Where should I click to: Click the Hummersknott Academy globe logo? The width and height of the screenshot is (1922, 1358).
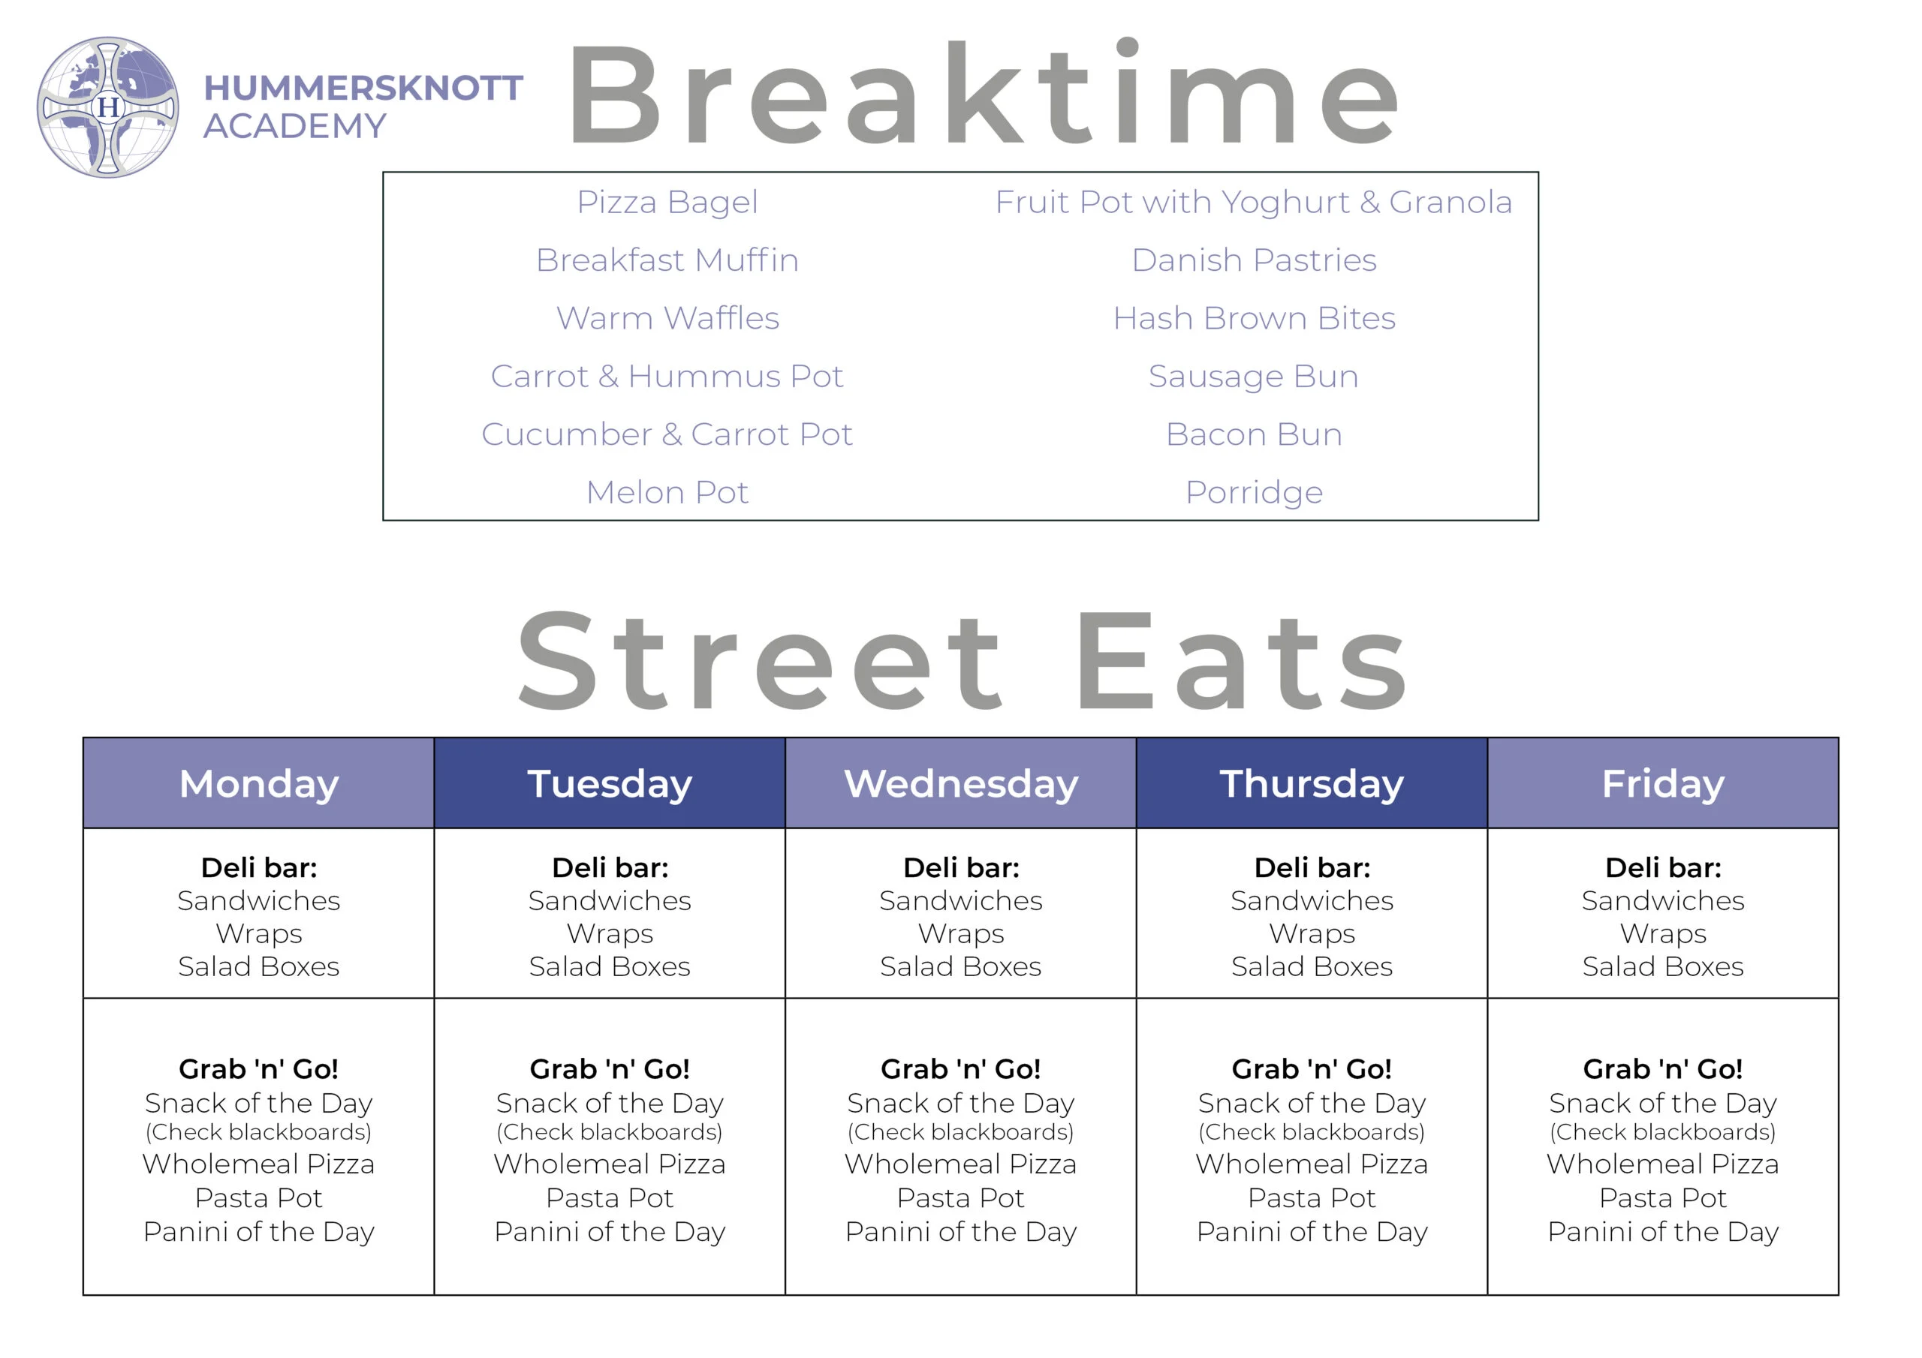(107, 107)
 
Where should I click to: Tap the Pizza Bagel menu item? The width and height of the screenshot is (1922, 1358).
(667, 203)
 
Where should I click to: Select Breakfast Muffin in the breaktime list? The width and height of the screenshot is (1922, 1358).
(667, 260)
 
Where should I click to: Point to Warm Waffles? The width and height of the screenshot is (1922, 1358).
(667, 318)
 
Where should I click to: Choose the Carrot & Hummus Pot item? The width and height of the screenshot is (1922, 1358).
(667, 377)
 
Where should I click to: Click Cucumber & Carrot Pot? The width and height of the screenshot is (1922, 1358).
(667, 434)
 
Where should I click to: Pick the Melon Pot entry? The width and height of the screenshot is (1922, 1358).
(667, 492)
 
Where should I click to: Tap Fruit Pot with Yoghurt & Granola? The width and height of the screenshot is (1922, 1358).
(1254, 203)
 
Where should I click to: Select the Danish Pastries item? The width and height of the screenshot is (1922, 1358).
(1254, 260)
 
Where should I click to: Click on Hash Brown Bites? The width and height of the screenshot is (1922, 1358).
(1254, 318)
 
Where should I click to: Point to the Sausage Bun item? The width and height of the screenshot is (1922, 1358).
(1254, 377)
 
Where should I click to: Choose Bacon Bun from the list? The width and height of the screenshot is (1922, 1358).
(1254, 434)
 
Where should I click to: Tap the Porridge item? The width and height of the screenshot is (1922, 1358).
(1254, 493)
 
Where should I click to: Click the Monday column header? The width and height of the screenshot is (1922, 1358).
(259, 783)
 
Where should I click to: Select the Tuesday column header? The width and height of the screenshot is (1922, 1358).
(610, 783)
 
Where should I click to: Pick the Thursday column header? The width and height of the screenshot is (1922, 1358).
(1312, 783)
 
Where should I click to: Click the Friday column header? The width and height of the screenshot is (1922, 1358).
(1662, 783)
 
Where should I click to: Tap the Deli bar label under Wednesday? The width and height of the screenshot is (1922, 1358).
(961, 867)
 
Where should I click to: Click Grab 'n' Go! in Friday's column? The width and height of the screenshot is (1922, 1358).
(1662, 1068)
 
